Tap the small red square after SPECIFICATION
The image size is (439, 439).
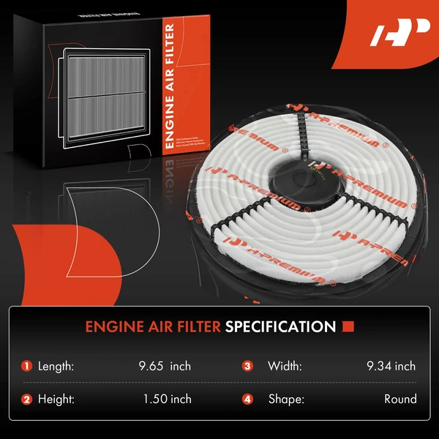pyautogui.click(x=349, y=326)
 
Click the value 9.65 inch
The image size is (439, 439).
pyautogui.click(x=166, y=366)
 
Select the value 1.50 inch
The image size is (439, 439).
pyautogui.click(x=168, y=399)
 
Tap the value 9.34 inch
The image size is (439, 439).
pyautogui.click(x=391, y=366)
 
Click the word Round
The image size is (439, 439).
pyautogui.click(x=400, y=399)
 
